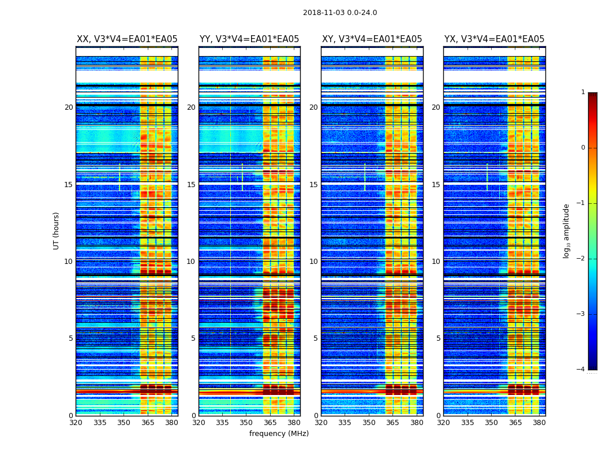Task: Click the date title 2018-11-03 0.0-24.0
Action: [340, 13]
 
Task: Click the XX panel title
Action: [127, 39]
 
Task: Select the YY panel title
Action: [249, 39]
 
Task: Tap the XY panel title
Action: [372, 39]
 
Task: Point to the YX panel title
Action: [494, 39]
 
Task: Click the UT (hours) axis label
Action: [57, 230]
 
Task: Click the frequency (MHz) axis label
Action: [279, 434]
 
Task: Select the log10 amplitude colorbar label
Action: [567, 230]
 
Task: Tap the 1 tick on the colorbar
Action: [583, 92]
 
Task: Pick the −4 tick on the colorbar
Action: [582, 370]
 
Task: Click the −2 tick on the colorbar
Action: [582, 259]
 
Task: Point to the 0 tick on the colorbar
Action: [583, 148]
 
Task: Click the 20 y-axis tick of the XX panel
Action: [69, 107]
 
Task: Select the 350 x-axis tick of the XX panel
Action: [124, 423]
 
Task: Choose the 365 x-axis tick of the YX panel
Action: [515, 423]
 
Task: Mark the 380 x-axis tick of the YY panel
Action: [294, 423]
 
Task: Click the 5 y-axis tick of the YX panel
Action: [438, 338]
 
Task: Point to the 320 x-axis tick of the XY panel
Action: [321, 423]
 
